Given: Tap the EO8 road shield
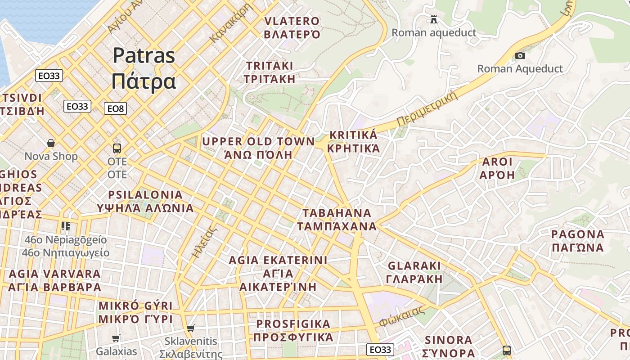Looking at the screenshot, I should pos(115,108).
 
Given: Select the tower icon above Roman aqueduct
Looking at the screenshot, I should pos(434,19).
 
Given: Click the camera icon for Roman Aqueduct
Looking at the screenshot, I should pos(520,55).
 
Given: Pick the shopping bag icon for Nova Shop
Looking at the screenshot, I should pos(51,143).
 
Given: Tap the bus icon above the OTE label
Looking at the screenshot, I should pos(117,148).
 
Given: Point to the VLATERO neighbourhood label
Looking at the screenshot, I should pos(292,27).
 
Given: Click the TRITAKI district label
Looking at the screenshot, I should pos(270,72).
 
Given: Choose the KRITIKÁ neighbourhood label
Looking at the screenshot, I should pos(353,142).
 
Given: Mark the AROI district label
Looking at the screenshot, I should pos(497,168).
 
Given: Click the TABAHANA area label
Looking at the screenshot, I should pos(337,220).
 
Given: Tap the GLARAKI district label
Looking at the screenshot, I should pos(414,272).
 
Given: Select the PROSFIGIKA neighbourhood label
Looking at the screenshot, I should pos(293,331).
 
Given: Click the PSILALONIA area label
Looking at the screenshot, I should pos(145,202).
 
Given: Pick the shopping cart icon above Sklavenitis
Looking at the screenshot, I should pos(191,328).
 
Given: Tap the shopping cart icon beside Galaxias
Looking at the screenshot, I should pos(116,338).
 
